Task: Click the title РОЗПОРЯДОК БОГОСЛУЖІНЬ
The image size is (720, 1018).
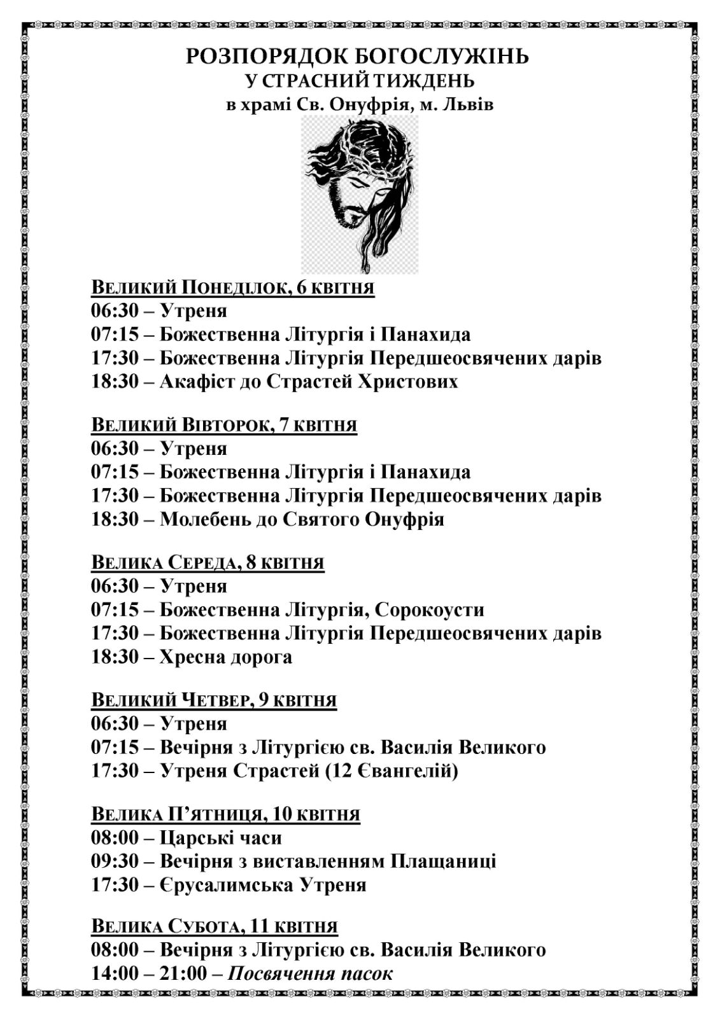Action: pos(358,57)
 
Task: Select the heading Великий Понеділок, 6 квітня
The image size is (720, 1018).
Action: pos(233,288)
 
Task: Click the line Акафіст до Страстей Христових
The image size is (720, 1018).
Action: pos(309,382)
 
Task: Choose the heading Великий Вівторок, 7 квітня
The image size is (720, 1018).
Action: pos(224,425)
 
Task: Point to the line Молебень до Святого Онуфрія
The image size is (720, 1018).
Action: pos(302,519)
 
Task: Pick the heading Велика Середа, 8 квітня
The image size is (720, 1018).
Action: pos(208,562)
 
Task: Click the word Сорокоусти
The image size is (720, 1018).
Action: pos(430,610)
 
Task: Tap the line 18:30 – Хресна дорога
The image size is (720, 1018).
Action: pos(192,657)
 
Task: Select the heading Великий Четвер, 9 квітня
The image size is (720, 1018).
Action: pos(214,700)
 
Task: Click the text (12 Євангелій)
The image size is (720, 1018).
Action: pos(390,771)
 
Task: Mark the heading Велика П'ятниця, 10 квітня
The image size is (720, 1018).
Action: pos(225,814)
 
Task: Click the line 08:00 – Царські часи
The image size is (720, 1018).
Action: pos(187,838)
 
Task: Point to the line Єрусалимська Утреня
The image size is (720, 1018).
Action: pos(263,885)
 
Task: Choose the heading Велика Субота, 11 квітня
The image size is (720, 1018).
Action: pos(215,926)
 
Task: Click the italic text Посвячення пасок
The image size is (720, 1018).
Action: pos(310,973)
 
